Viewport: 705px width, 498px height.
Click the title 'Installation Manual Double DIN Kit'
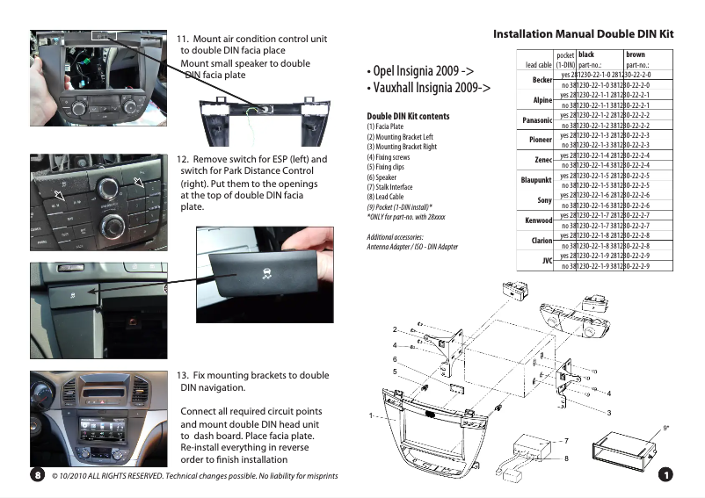[x=583, y=34]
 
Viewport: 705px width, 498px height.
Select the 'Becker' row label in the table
[x=541, y=81]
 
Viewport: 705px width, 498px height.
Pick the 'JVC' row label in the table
[x=546, y=261]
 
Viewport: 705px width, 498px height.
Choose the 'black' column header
[x=585, y=54]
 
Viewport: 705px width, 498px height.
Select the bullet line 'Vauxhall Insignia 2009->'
[x=428, y=88]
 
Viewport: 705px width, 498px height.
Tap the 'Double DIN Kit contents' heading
[x=408, y=116]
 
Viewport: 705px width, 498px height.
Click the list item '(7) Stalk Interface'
[x=389, y=187]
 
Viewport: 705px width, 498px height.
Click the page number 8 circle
[x=38, y=475]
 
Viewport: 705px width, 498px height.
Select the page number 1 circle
[x=665, y=474]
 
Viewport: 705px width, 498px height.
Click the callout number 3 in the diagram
[x=608, y=412]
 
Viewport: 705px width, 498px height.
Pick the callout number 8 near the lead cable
[x=566, y=458]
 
